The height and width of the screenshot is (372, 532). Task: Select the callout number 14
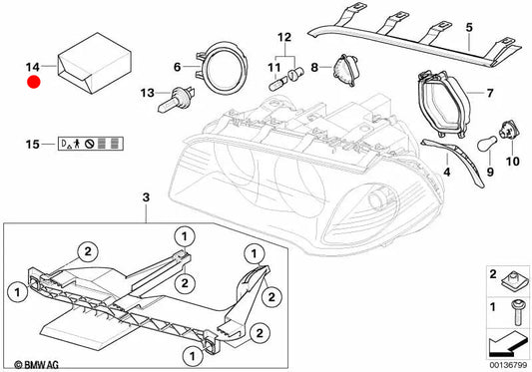[33, 67]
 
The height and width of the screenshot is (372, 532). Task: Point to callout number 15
[33, 145]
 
